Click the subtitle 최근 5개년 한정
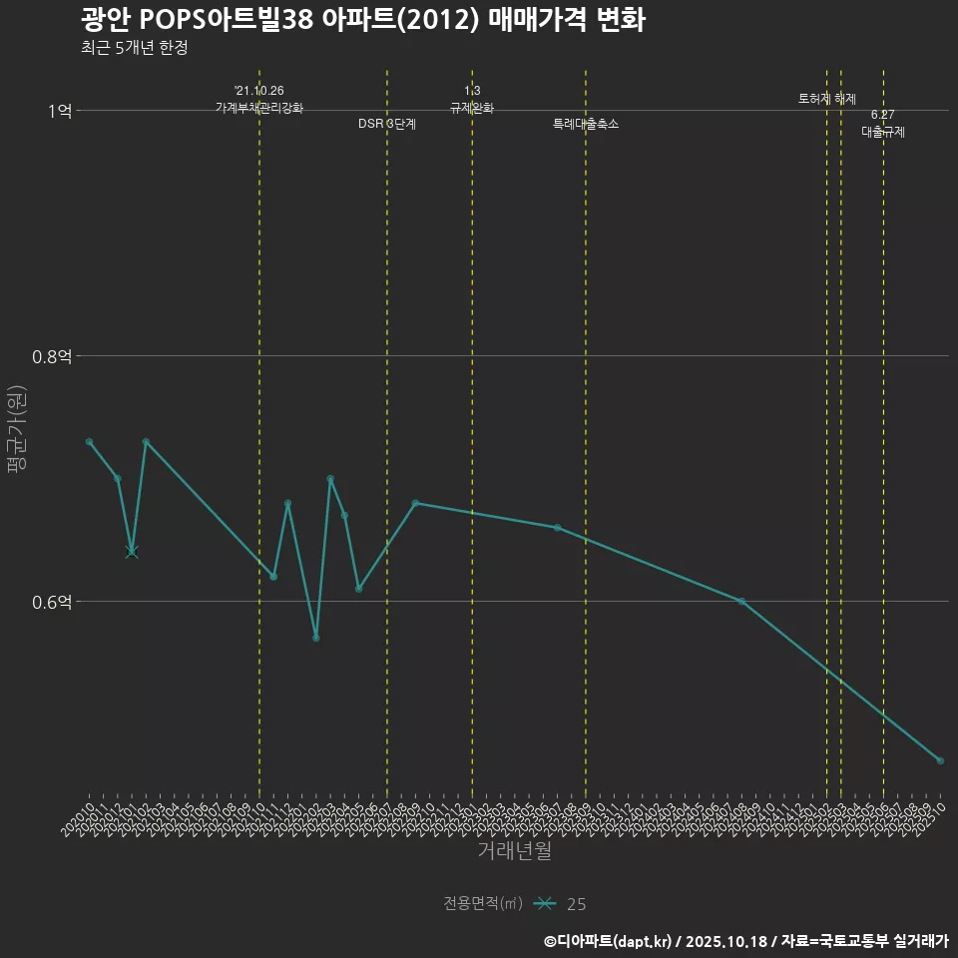(134, 48)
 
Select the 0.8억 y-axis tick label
(52, 356)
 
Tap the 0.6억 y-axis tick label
(52, 602)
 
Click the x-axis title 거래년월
(514, 851)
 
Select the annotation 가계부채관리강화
(259, 108)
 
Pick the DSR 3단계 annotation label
(387, 124)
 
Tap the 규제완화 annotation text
(472, 108)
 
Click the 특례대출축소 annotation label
(586, 124)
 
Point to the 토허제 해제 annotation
(827, 99)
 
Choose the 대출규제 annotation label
(883, 132)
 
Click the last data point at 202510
(940, 760)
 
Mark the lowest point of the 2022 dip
(316, 638)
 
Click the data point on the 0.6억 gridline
(741, 601)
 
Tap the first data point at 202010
(89, 441)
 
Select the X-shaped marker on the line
(132, 552)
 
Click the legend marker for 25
(544, 904)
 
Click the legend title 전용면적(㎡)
(483, 904)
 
